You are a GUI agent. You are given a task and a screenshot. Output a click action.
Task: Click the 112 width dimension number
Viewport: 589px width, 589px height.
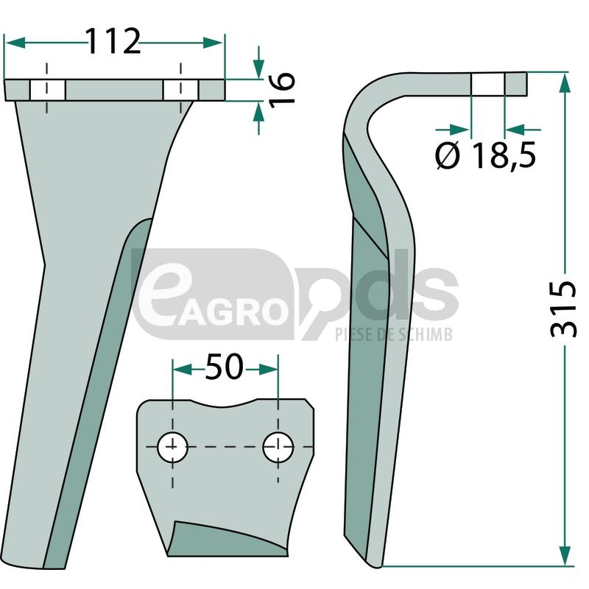[113, 41]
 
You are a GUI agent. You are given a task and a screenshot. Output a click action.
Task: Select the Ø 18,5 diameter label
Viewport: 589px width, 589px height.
[485, 155]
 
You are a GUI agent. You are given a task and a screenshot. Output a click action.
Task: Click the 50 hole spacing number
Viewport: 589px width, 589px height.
[225, 366]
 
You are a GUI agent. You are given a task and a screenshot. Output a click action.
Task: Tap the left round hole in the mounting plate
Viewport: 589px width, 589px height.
[172, 447]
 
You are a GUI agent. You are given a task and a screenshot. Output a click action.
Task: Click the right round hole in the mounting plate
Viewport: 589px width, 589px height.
[278, 447]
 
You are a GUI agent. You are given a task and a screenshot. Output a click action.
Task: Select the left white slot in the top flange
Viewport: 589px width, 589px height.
[47, 90]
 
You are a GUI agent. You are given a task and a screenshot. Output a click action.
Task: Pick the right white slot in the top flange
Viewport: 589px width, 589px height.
[180, 90]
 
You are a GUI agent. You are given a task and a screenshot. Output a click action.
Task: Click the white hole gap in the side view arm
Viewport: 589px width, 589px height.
[487, 83]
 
